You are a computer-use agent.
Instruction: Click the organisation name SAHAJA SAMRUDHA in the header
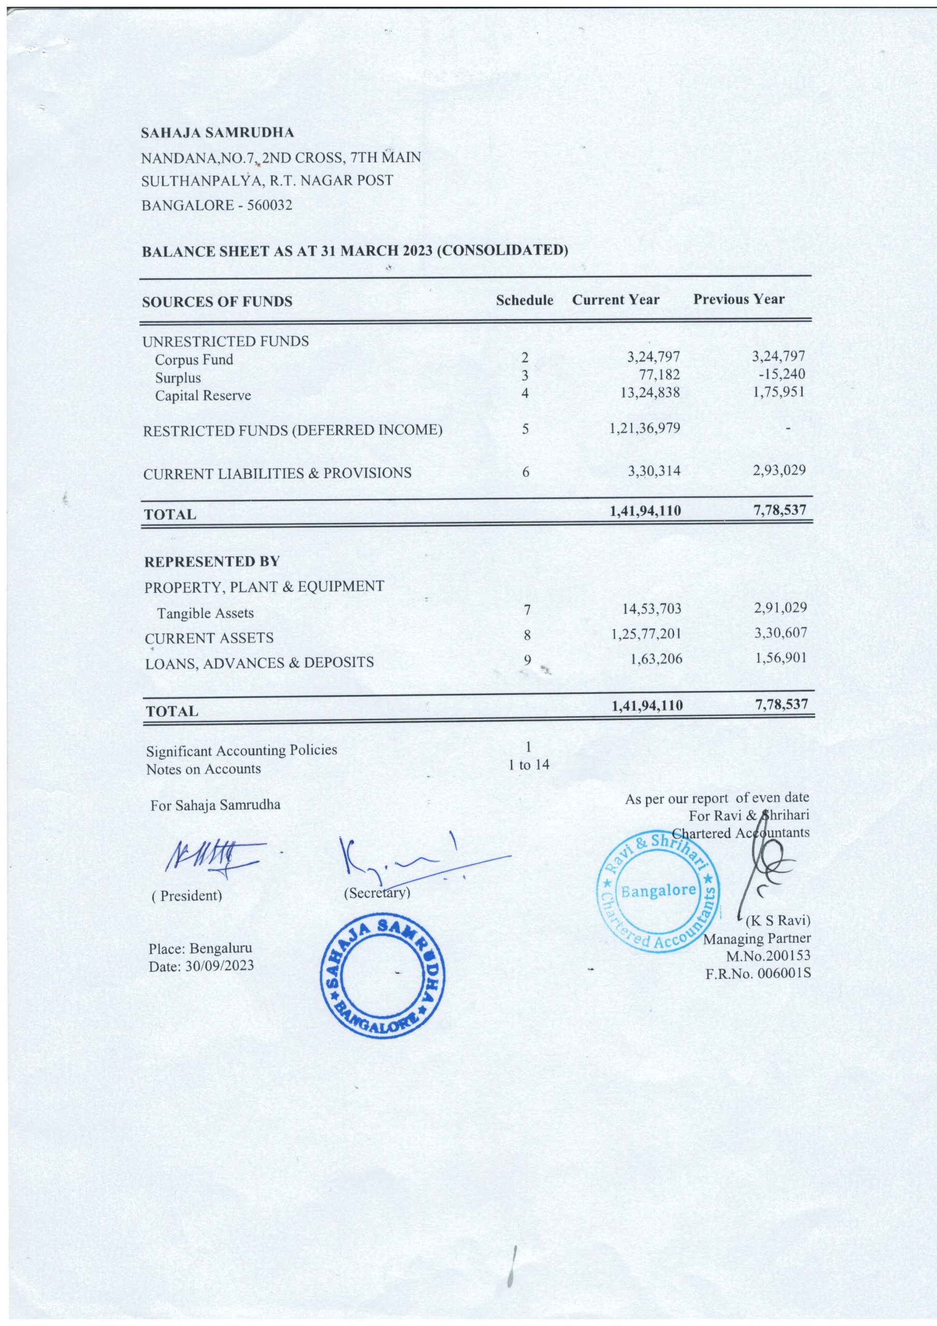click(217, 133)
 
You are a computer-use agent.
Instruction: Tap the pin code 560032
click(270, 206)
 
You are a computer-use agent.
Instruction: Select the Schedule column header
click(524, 300)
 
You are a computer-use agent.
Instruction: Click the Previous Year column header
click(738, 299)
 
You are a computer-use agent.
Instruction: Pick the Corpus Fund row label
click(194, 360)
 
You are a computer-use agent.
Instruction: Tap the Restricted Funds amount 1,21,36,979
click(645, 428)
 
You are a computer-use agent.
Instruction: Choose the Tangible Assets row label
click(206, 613)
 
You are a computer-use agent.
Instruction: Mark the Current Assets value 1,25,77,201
click(646, 634)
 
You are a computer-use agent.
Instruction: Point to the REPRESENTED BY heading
click(212, 561)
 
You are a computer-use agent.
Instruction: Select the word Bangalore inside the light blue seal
click(658, 890)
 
